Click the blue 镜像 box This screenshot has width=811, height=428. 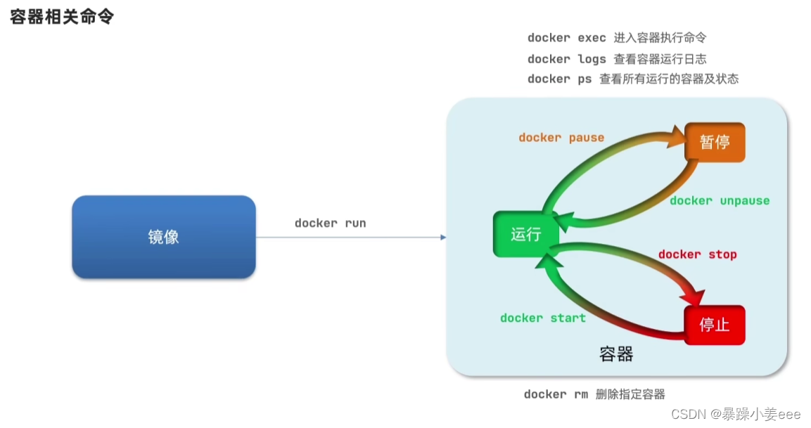tap(163, 237)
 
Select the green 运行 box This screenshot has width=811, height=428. tap(525, 234)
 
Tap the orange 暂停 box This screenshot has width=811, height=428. tap(714, 143)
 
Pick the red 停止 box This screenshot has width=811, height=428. tap(714, 325)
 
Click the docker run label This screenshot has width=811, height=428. tap(330, 223)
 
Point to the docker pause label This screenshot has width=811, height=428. tap(561, 137)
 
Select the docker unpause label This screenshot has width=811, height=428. tap(720, 200)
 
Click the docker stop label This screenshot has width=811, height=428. tap(697, 254)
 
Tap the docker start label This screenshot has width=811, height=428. tap(542, 318)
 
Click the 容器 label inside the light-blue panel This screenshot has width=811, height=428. tap(616, 354)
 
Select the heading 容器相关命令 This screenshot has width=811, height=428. tap(62, 17)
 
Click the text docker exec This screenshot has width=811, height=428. tap(566, 38)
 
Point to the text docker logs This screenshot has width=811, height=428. tap(566, 59)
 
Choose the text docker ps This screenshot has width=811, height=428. tap(559, 79)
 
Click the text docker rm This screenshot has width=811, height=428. tap(555, 394)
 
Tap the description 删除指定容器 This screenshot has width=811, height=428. tap(630, 394)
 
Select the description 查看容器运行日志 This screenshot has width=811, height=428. tap(660, 59)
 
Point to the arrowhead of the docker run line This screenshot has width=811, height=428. tap(443, 238)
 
